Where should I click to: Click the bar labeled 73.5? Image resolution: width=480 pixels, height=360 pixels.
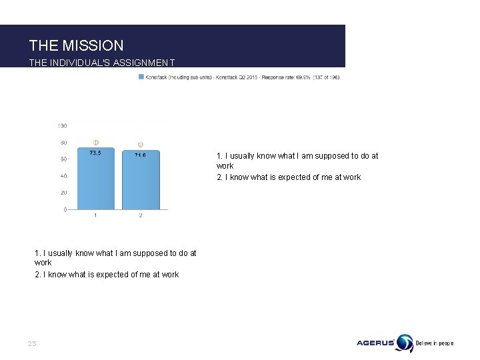coord(95,180)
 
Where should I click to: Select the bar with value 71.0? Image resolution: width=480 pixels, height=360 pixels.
coord(141,181)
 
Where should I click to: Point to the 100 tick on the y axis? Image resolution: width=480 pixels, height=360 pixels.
coord(62,125)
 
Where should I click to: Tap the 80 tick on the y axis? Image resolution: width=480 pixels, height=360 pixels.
coord(63,142)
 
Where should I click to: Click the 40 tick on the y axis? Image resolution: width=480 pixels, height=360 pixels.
coord(63,176)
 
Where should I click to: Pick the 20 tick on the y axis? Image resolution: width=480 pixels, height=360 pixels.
coord(63,193)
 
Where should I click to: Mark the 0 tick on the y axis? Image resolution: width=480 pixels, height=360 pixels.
coord(65,209)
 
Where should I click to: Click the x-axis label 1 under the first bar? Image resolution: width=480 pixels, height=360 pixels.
coord(95,215)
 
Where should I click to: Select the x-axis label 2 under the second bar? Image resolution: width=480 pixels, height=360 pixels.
coord(141,215)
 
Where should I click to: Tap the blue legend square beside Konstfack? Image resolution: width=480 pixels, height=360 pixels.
coord(141,77)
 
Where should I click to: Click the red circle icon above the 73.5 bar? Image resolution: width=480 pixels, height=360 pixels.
coord(95,142)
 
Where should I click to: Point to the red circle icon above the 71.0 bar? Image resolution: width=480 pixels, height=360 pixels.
coord(141,144)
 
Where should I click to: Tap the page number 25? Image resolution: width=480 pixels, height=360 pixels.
coord(32,343)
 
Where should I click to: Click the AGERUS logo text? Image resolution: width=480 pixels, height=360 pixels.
coord(375,343)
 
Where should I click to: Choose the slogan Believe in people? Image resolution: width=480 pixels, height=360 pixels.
coord(435,343)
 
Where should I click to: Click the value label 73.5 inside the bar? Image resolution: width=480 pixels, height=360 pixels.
coord(95,153)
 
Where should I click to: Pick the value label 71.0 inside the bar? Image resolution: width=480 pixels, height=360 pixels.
coord(141,155)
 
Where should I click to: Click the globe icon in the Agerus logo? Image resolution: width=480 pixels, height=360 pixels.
coord(404,343)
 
